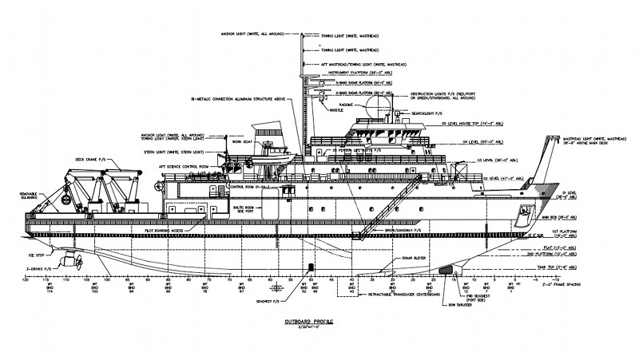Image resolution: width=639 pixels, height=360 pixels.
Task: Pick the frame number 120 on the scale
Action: [x=25, y=280]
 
